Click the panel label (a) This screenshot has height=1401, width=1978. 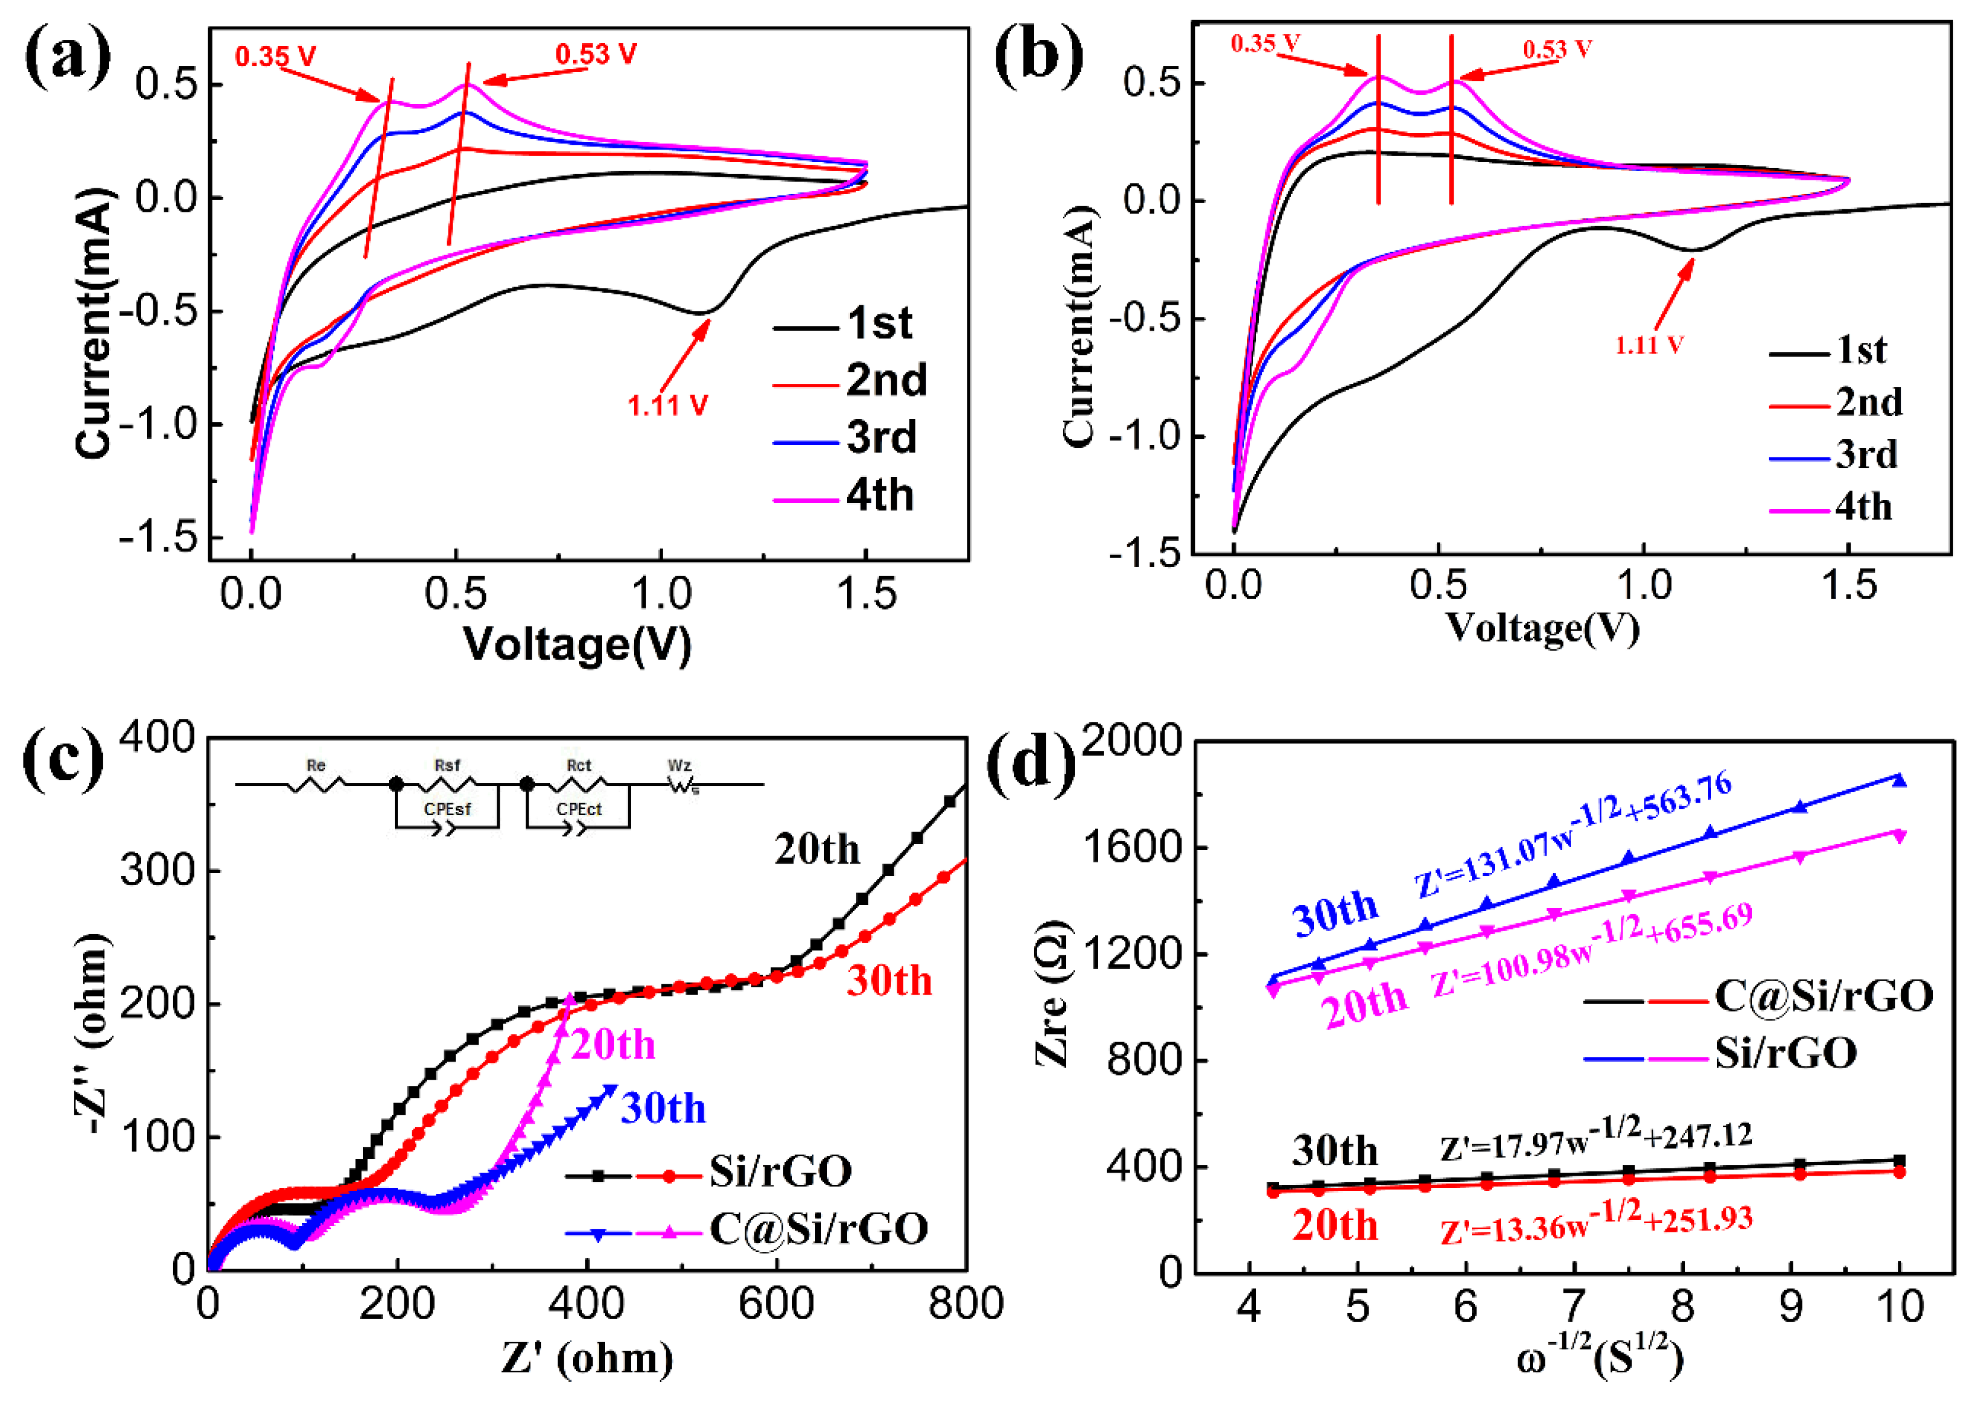pyautogui.click(x=67, y=56)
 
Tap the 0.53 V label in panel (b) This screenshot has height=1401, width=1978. pyautogui.click(x=1556, y=49)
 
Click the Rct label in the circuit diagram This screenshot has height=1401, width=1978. pyautogui.click(x=579, y=765)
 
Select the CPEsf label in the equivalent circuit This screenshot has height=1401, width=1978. pyautogui.click(x=447, y=809)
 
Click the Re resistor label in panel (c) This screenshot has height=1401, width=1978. pyautogui.click(x=316, y=765)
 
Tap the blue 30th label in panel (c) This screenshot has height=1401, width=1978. pyautogui.click(x=662, y=1109)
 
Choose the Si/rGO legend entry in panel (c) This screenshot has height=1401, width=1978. pyautogui.click(x=780, y=1171)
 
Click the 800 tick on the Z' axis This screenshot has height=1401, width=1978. pyautogui.click(x=965, y=1304)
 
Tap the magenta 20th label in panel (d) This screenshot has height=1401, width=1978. pyautogui.click(x=1363, y=1003)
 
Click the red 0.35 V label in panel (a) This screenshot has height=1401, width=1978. pyautogui.click(x=275, y=57)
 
